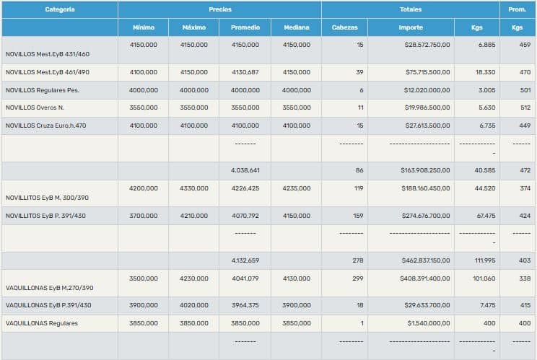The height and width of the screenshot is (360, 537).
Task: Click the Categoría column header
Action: click(x=59, y=9)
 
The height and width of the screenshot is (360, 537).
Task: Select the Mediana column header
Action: click(x=296, y=27)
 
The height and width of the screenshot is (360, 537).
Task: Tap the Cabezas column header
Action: click(x=344, y=27)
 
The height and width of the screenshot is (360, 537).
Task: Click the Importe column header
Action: click(x=411, y=27)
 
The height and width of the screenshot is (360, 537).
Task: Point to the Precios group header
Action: click(x=219, y=9)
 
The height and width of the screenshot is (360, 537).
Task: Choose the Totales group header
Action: click(x=410, y=9)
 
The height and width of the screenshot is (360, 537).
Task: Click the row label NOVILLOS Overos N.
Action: click(x=34, y=107)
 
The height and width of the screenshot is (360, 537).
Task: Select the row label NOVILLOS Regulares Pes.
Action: click(x=42, y=90)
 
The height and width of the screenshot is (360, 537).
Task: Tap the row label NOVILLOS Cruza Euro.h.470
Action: click(x=45, y=126)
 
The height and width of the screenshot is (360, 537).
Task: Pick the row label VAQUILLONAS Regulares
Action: click(x=41, y=323)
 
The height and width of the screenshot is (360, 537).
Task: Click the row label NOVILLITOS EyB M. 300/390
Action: click(x=46, y=196)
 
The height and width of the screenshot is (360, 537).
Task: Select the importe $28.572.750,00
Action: click(x=427, y=45)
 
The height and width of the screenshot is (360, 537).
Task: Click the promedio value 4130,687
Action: click(x=245, y=72)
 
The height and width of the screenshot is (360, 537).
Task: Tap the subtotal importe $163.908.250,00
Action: click(x=425, y=170)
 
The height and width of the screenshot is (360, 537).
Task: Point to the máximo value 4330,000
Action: click(x=193, y=188)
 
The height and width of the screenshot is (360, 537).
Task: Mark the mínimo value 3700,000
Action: click(x=143, y=215)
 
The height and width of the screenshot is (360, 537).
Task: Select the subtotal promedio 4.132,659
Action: click(x=245, y=260)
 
